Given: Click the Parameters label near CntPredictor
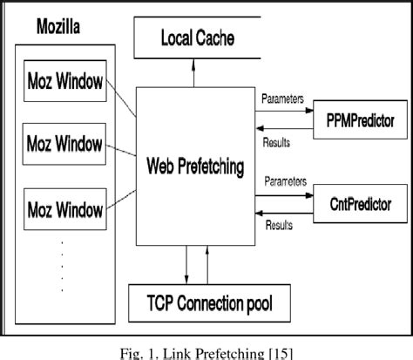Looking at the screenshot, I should (x=284, y=184).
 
